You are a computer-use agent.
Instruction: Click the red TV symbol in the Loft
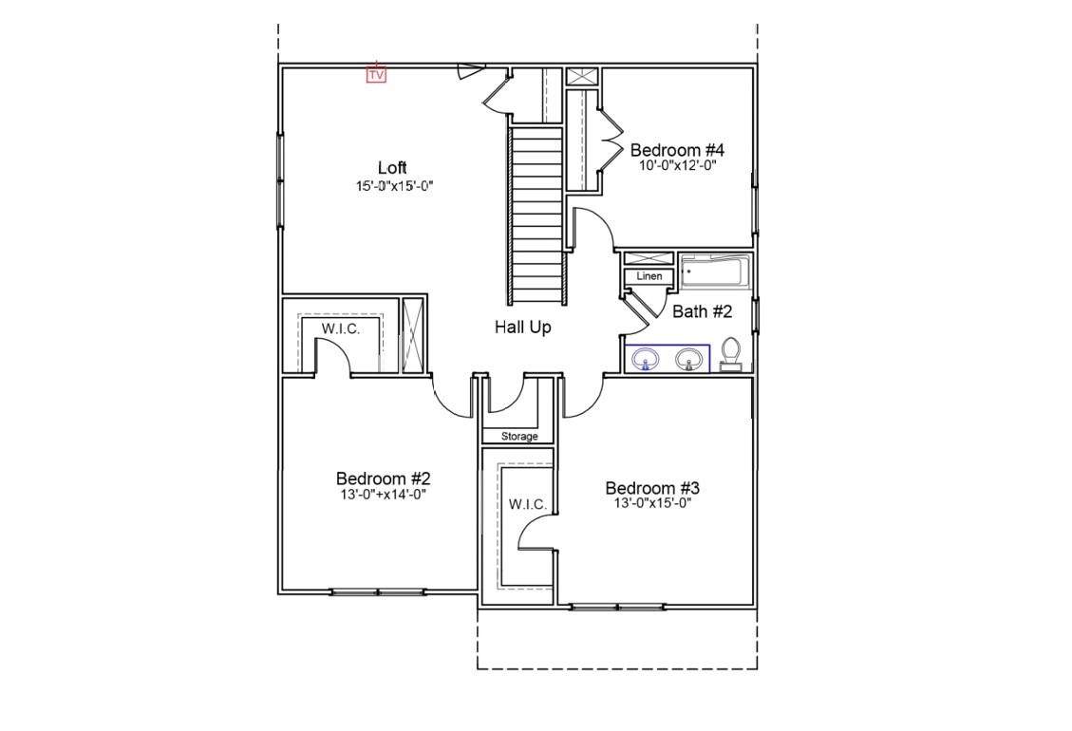[376, 73]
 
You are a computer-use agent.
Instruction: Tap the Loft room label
[392, 167]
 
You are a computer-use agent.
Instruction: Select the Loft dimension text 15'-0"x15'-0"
[395, 185]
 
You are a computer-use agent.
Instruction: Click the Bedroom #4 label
[677, 150]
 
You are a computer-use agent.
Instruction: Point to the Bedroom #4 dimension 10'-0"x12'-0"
[677, 165]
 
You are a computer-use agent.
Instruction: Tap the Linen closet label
[649, 276]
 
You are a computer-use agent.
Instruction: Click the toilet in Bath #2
[731, 353]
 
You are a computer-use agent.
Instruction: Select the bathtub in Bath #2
[714, 272]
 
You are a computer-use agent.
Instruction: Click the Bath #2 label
[702, 311]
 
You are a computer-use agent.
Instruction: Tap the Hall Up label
[523, 328]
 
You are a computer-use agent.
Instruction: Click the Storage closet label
[519, 437]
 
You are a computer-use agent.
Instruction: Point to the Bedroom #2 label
[383, 478]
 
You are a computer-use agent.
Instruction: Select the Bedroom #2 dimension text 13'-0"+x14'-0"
[384, 494]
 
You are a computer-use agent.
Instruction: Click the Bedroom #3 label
[652, 488]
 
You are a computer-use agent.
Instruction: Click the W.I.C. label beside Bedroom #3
[528, 505]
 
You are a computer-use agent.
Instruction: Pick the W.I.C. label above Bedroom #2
[341, 328]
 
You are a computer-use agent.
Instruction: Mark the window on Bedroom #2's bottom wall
[377, 591]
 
